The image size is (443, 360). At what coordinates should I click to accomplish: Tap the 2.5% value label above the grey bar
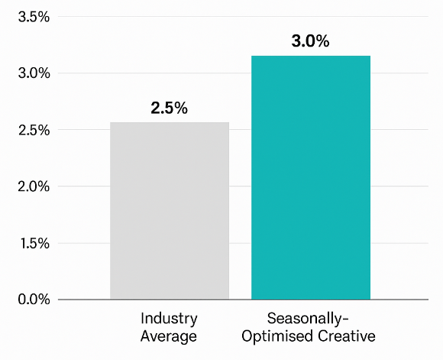(x=169, y=108)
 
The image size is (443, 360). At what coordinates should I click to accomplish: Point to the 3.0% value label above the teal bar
(x=310, y=41)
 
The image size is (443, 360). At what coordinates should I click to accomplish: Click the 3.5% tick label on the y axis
(x=33, y=17)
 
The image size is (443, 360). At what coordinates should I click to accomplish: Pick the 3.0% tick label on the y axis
(x=33, y=73)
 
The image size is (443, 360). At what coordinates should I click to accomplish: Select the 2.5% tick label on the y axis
(x=33, y=130)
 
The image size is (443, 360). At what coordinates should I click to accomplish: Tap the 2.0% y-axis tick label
(x=33, y=186)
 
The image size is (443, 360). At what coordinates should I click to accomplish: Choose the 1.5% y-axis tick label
(x=33, y=243)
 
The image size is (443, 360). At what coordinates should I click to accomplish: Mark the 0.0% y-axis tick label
(x=33, y=299)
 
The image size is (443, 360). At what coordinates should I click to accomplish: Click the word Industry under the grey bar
(x=169, y=318)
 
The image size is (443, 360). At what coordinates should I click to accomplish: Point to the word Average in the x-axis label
(x=169, y=336)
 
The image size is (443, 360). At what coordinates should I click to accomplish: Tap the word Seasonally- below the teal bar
(x=310, y=318)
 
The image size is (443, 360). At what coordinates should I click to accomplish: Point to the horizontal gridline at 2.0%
(x=84, y=186)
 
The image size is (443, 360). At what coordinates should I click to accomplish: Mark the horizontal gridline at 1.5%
(x=84, y=243)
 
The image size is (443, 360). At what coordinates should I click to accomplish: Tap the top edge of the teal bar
(x=311, y=56)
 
